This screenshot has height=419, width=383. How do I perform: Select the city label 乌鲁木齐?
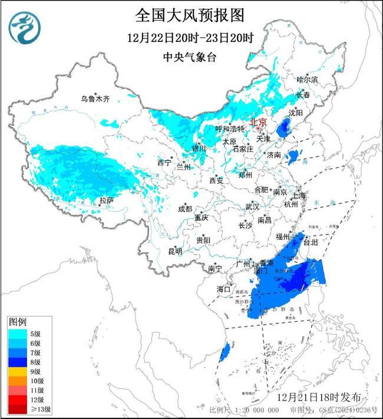(95, 98)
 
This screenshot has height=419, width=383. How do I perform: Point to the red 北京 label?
(258, 122)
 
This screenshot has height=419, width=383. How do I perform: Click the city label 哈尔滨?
(307, 79)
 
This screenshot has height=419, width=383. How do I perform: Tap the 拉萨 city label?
(106, 201)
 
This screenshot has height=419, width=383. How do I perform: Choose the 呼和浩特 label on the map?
(229, 128)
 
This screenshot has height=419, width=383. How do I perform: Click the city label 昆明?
(175, 252)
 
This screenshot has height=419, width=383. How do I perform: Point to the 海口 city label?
(223, 289)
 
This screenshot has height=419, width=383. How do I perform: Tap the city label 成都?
(185, 209)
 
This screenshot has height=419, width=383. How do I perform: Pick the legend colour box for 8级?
(16, 362)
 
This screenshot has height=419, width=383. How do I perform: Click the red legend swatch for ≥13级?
(16, 409)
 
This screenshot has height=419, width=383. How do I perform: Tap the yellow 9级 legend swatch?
(16, 371)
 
